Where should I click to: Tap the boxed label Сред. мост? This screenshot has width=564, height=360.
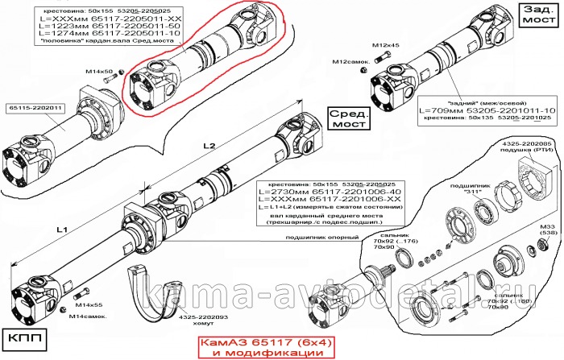click(350, 118)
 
